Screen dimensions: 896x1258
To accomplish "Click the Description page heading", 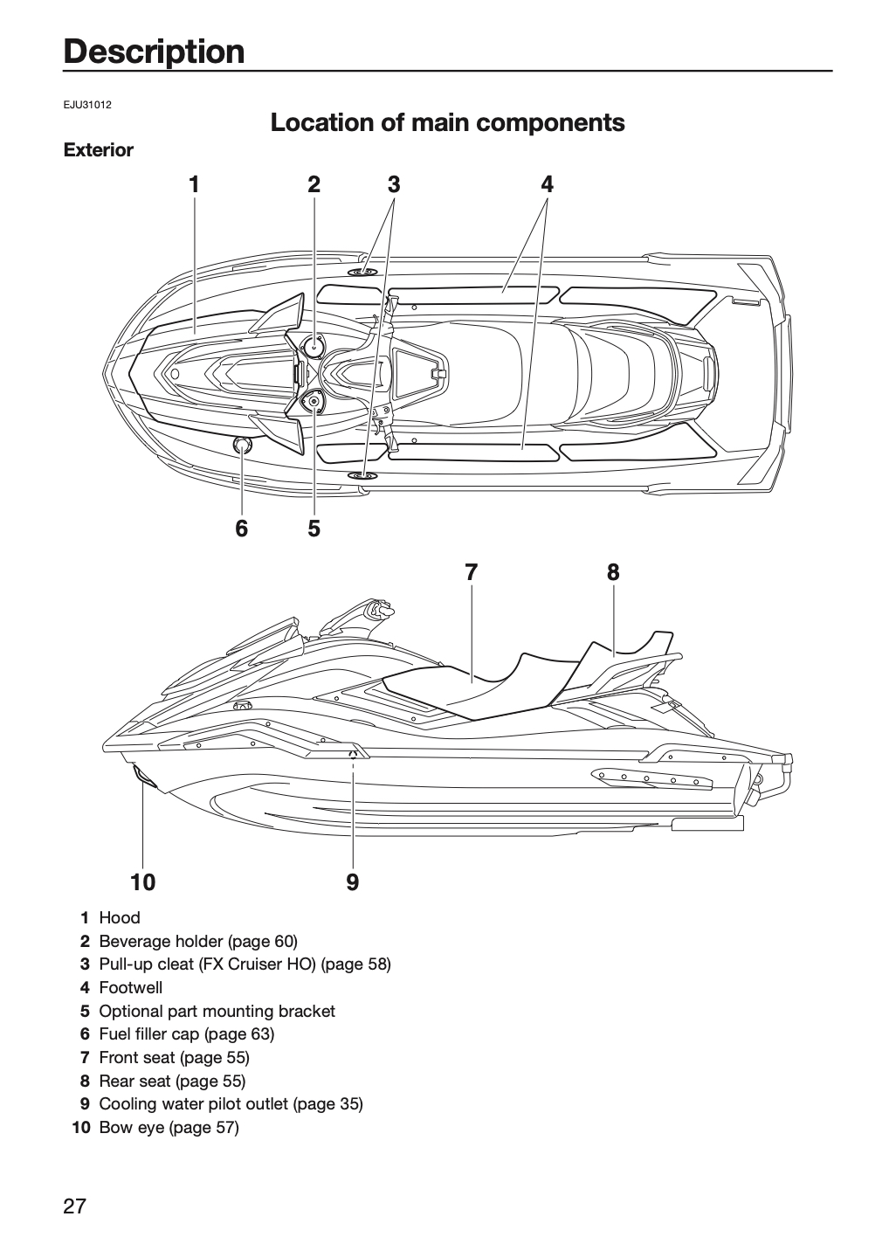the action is coord(155,52).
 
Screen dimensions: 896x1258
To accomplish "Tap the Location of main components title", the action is coord(447,122).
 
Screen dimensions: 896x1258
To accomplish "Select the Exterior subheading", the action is coord(98,150).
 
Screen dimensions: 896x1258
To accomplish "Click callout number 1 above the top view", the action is coord(194,184).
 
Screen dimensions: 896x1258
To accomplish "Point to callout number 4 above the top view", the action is coord(547,184).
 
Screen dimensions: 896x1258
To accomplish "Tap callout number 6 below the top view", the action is coord(241,529).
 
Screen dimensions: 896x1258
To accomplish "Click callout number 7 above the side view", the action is coord(471,572).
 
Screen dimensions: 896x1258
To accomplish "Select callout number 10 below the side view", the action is coord(142,882).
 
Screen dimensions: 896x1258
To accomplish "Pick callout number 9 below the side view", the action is coord(353,882).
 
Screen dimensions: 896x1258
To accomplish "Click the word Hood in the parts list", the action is coord(120,917).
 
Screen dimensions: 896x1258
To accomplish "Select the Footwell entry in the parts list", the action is coord(131,988).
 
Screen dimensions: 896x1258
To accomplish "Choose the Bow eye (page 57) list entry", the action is coord(169,1127).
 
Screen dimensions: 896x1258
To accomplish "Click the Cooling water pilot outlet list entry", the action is coord(231,1103).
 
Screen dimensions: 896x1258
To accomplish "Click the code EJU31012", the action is coord(87,105).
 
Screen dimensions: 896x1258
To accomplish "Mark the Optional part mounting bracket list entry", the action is coord(217,1012).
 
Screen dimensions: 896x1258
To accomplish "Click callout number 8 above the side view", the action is coord(613,572).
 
